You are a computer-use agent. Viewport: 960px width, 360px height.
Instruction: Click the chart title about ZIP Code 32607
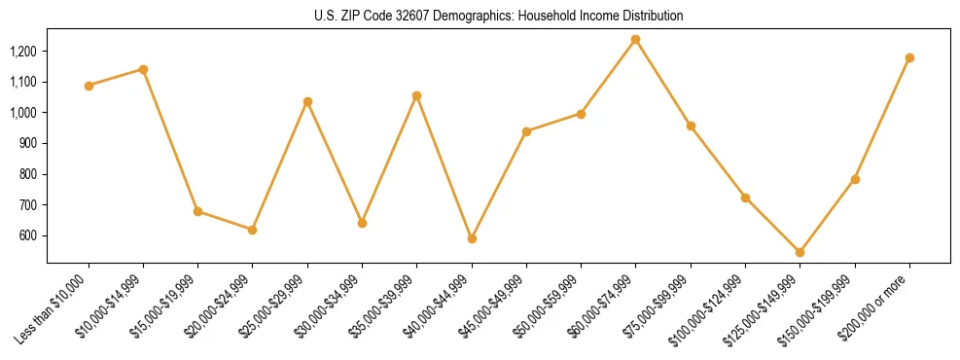[x=499, y=16]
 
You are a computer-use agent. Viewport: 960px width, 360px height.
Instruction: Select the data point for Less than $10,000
[x=89, y=86]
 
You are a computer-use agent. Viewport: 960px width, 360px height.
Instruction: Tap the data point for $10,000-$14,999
[x=143, y=69]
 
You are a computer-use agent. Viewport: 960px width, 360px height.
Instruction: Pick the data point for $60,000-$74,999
[x=635, y=39]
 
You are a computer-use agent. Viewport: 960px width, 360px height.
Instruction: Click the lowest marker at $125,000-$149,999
[x=800, y=252]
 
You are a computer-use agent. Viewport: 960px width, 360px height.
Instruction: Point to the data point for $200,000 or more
[x=909, y=57]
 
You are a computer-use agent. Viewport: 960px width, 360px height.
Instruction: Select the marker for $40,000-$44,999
[x=472, y=238]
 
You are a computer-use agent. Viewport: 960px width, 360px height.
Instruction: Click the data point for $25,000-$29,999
[x=307, y=101]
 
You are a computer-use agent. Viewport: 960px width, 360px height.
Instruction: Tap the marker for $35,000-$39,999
[x=416, y=95]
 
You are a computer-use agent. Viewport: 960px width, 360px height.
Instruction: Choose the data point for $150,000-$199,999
[x=855, y=179]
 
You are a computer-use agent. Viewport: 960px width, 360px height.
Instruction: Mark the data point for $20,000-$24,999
[x=253, y=230]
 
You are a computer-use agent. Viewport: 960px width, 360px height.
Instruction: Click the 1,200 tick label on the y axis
[x=23, y=51]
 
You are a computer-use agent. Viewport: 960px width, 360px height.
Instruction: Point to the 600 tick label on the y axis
[x=29, y=235]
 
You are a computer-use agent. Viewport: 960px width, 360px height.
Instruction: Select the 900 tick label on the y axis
[x=29, y=143]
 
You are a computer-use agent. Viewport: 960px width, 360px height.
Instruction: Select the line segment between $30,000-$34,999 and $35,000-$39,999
[x=389, y=160]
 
